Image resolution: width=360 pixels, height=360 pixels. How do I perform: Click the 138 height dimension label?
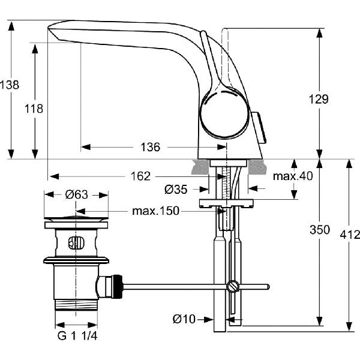coord(10,85)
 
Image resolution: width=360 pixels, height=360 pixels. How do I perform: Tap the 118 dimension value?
coord(34,109)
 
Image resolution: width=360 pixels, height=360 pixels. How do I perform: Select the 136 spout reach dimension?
coord(151,147)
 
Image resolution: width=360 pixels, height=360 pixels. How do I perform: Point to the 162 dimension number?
coord(140,176)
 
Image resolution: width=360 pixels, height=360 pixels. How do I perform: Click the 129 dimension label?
coord(319,100)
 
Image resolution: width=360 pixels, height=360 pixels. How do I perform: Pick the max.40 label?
coord(293,176)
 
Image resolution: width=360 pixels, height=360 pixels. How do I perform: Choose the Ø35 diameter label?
coord(176,190)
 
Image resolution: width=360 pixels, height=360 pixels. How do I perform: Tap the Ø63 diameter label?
coord(76,194)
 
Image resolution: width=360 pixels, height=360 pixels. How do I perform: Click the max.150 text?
coord(155,211)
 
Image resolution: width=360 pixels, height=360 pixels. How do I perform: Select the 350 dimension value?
coord(320,230)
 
